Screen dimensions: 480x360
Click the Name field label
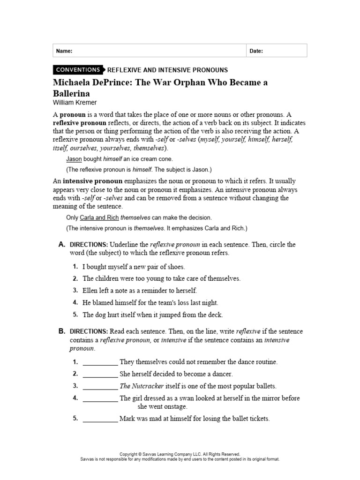coord(64,51)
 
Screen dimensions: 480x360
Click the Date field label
coord(256,51)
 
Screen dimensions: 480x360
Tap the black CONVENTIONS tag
coord(78,70)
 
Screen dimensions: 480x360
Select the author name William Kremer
coord(77,102)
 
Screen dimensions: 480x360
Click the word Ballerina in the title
coord(74,93)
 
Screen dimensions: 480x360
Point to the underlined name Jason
coord(74,159)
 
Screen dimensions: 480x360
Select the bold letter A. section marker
coord(61,245)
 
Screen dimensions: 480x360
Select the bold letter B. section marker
coord(61,331)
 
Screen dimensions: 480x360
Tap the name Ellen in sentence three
coord(90,291)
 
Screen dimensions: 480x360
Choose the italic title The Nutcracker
coord(142,386)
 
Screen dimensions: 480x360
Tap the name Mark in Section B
coord(127,419)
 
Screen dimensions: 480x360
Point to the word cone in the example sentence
coord(171,159)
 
